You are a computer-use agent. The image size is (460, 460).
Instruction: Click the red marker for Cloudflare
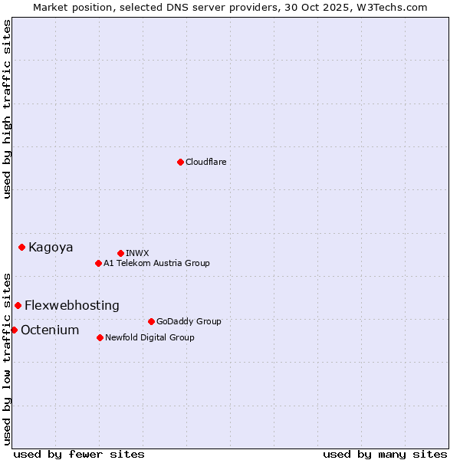180,162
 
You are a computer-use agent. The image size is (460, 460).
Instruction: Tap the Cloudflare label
205,162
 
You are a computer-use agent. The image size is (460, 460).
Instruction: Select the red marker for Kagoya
22,247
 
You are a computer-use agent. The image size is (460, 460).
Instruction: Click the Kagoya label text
51,247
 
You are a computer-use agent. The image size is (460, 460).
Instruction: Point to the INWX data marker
120,253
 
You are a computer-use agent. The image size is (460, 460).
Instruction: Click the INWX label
137,253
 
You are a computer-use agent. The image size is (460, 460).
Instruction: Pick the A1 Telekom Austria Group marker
98,263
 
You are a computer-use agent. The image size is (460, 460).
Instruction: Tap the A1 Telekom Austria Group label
156,263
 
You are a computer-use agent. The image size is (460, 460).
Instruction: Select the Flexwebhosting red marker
18,305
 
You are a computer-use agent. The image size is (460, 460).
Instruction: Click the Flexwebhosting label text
72,305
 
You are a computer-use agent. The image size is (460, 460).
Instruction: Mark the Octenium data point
14,330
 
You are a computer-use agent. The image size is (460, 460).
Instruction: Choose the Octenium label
50,330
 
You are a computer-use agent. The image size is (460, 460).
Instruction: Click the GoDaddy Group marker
151,321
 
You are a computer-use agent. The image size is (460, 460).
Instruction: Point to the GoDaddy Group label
189,321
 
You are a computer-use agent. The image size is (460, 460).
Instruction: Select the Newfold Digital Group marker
100,337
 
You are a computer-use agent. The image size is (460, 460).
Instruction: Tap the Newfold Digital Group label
149,337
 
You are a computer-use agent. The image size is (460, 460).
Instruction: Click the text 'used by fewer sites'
79,454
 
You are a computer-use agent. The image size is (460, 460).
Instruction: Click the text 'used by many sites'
385,454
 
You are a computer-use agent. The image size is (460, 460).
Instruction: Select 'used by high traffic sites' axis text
7,109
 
